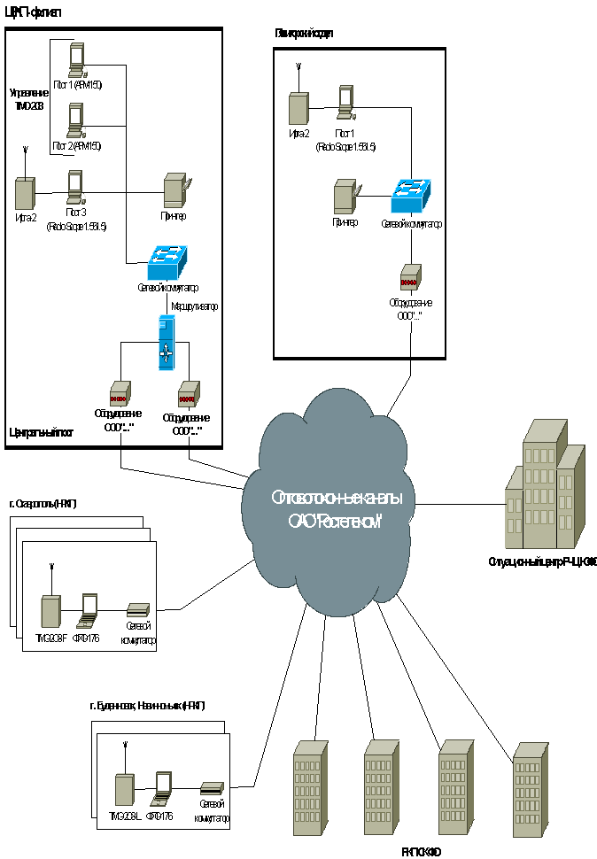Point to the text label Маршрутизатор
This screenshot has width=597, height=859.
[x=194, y=306]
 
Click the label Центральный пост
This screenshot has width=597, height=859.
[x=41, y=433]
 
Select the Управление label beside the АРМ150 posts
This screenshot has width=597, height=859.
[x=30, y=98]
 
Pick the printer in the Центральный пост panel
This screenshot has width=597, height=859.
[x=174, y=191]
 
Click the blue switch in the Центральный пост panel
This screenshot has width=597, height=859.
[x=168, y=256]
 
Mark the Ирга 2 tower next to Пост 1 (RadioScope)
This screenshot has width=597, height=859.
[x=298, y=108]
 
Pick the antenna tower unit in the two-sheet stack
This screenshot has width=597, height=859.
[x=125, y=791]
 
